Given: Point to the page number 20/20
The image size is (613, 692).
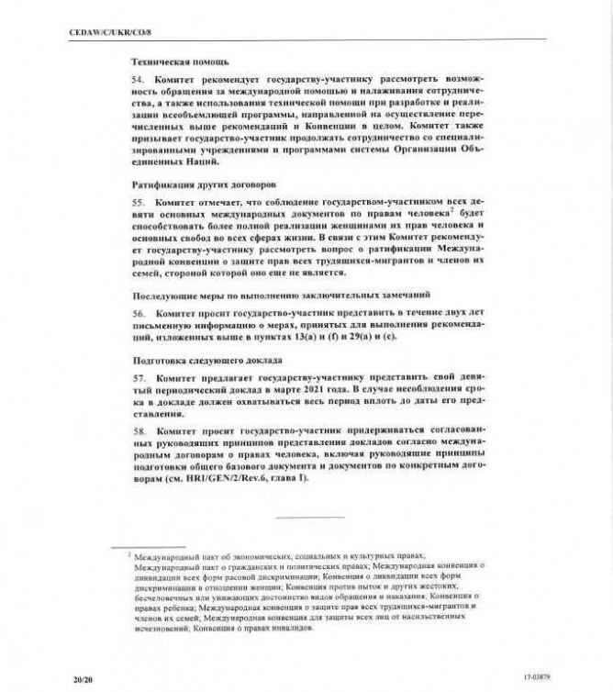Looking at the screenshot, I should click(84, 677).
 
